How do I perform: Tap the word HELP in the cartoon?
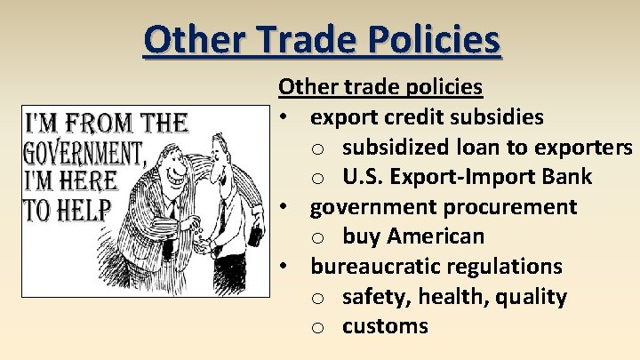click(x=80, y=210)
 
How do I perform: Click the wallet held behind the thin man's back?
click(x=255, y=236)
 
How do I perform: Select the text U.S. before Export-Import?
click(x=362, y=177)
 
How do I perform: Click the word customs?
click(x=385, y=326)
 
